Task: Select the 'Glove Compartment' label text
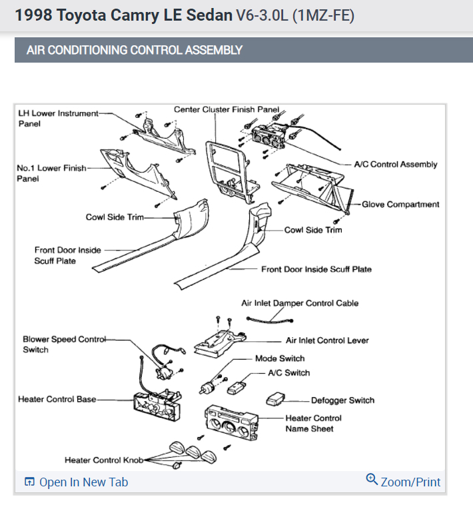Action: coord(400,205)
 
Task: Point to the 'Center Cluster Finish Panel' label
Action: coord(226,109)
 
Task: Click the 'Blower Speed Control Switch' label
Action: coord(64,344)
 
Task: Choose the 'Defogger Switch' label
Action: coord(342,400)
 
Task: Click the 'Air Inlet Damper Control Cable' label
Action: coord(300,303)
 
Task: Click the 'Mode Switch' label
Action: coord(280,358)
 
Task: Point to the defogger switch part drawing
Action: coord(275,400)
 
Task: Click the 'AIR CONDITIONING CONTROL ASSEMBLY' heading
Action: coord(134,50)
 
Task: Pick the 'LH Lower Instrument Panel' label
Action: coord(58,118)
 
